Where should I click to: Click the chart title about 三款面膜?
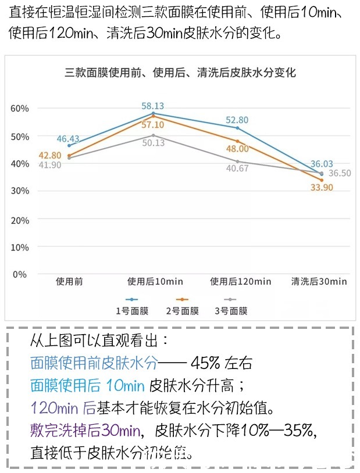click(180, 73)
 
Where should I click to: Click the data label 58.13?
click(153, 106)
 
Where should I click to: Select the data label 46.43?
click(69, 138)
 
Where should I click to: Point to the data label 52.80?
click(237, 120)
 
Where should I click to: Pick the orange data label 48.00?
click(237, 149)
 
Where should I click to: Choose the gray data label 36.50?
click(340, 173)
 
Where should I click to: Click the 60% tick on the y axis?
click(19, 109)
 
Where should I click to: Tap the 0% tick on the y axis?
click(19, 274)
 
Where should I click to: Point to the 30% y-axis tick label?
click(19, 191)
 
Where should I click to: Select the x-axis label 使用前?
click(69, 281)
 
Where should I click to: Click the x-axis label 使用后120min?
click(240, 281)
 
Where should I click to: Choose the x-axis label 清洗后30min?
click(319, 281)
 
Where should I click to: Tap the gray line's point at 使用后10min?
click(153, 135)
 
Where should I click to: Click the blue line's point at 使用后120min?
click(237, 128)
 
